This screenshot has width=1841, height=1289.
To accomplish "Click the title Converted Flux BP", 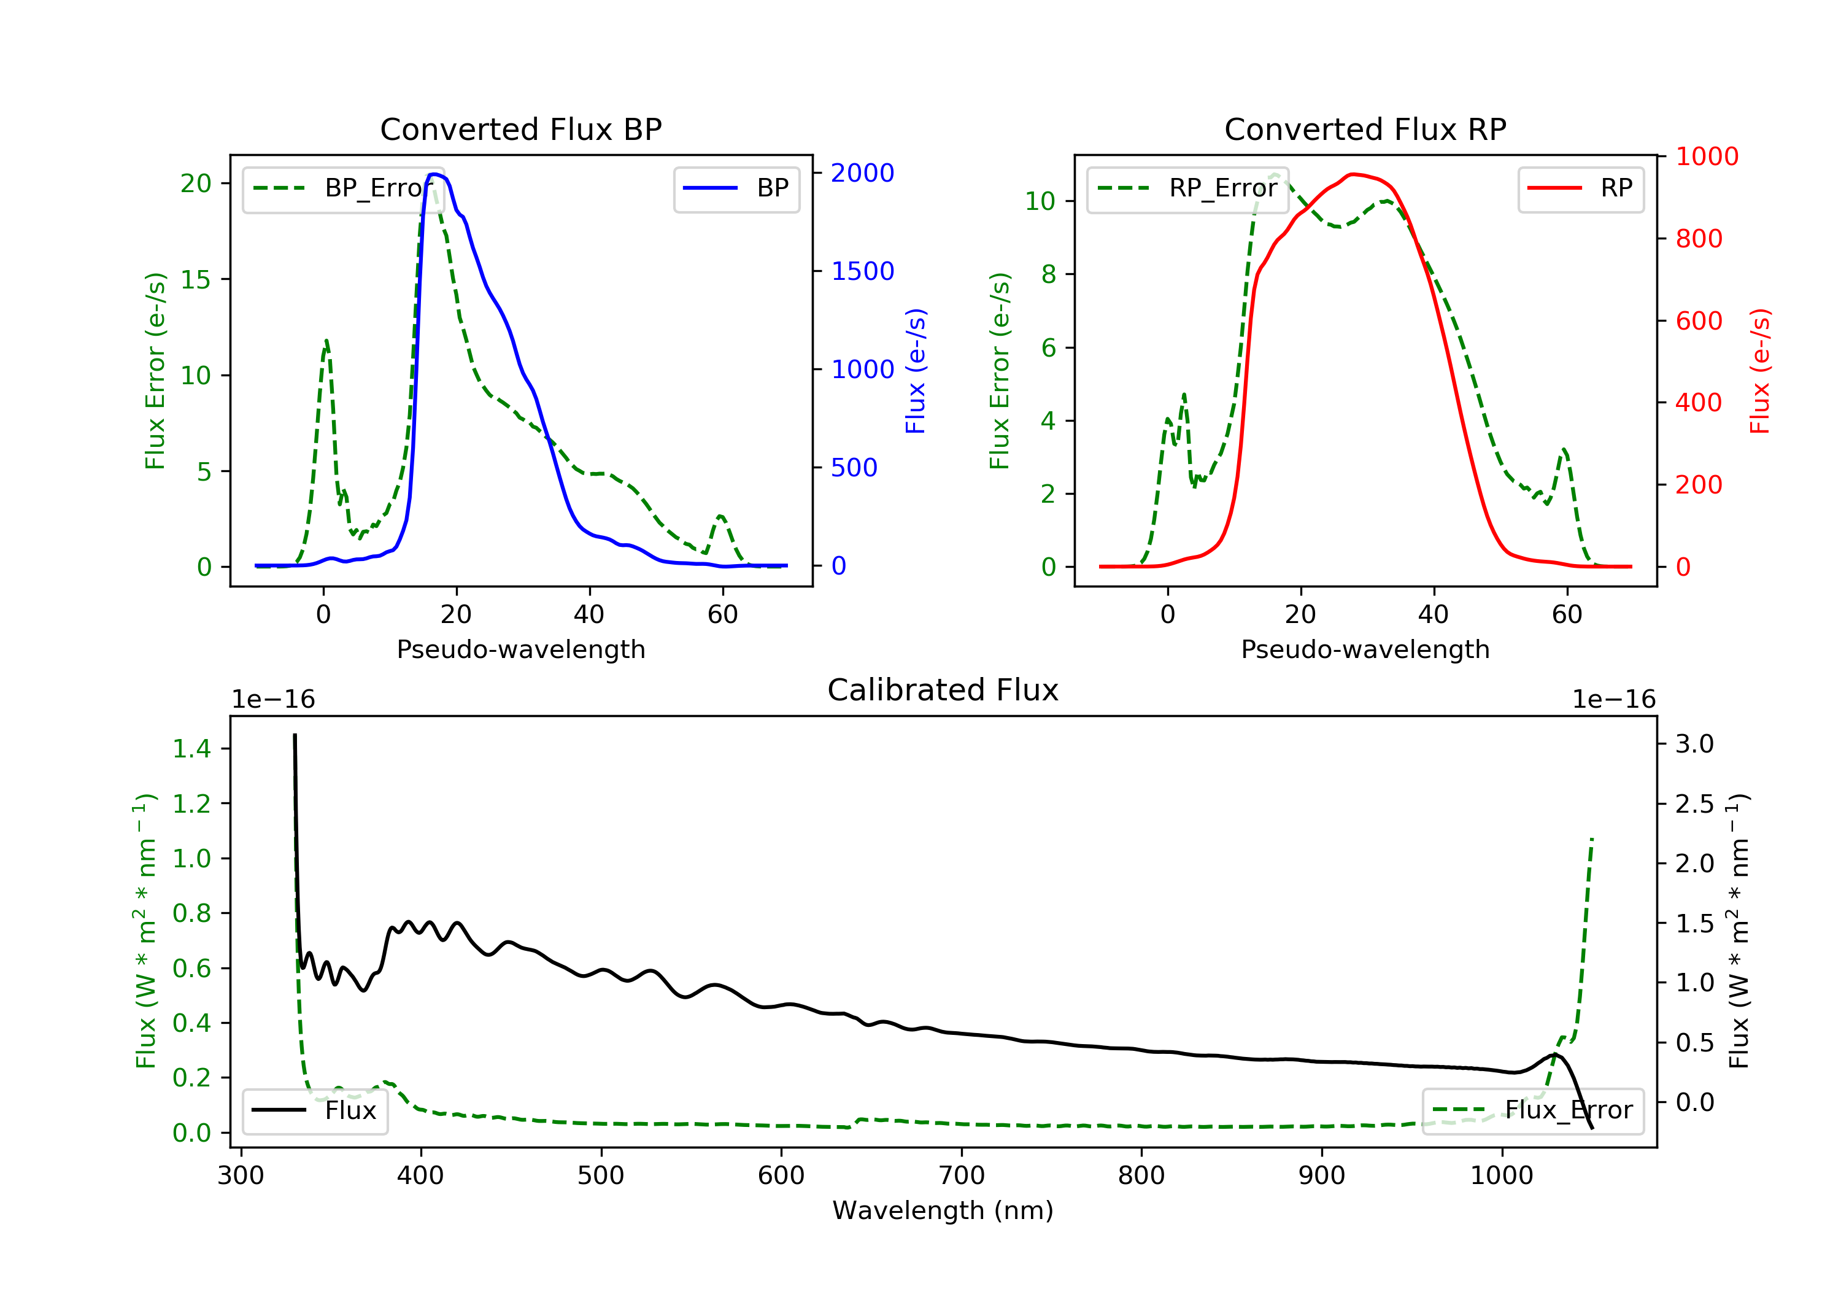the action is pyautogui.click(x=521, y=129).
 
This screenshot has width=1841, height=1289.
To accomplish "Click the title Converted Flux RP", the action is pyautogui.click(x=1365, y=129).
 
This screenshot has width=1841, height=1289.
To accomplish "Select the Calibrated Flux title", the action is pyautogui.click(x=943, y=690).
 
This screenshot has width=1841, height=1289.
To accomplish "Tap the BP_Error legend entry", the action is pyautogui.click(x=343, y=188).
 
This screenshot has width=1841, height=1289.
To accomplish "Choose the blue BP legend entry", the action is pyautogui.click(x=736, y=188).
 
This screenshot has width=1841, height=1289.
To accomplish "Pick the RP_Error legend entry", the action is pyautogui.click(x=1187, y=188).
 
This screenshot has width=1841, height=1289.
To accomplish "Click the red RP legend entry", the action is pyautogui.click(x=1580, y=188).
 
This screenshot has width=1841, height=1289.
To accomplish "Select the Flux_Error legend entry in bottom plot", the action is pyautogui.click(x=1532, y=1110).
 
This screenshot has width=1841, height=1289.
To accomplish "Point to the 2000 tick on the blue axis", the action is pyautogui.click(x=862, y=172).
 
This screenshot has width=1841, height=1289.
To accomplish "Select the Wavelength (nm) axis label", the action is pyautogui.click(x=943, y=1210).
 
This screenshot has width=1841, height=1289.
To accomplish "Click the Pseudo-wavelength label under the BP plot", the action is pyautogui.click(x=521, y=649).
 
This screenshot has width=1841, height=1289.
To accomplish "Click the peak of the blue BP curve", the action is pyautogui.click(x=434, y=174).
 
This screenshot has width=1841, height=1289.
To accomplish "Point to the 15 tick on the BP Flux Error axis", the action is pyautogui.click(x=195, y=279).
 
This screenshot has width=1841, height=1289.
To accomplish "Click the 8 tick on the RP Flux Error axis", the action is pyautogui.click(x=1048, y=274).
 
